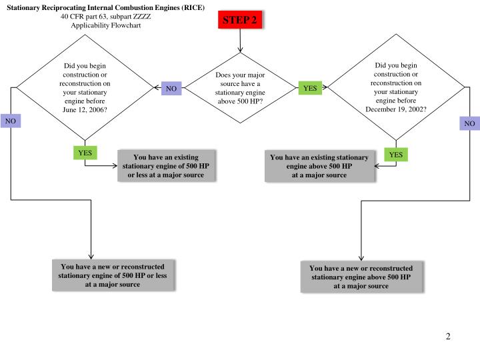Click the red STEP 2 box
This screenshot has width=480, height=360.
click(239, 20)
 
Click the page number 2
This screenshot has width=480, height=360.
click(449, 336)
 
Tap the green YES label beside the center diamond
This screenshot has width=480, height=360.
click(310, 87)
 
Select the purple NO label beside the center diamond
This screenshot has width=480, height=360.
click(171, 88)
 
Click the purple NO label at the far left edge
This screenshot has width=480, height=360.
click(10, 121)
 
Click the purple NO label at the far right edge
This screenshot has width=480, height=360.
click(469, 123)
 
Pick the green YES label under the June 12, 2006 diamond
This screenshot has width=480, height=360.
click(85, 153)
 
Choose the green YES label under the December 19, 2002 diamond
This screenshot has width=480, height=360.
click(396, 155)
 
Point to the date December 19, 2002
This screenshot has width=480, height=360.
click(396, 109)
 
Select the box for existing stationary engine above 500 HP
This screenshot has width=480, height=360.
click(319, 166)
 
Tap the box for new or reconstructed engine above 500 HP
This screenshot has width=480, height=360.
click(361, 277)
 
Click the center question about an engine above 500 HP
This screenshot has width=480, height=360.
click(240, 88)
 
